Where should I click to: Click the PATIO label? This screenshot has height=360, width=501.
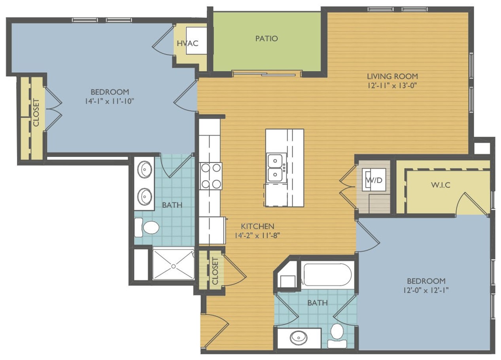(x=267, y=39)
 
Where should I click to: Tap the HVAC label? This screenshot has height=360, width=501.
(x=187, y=43)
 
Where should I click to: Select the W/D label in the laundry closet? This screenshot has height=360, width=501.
(x=374, y=180)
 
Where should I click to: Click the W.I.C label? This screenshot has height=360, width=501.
(x=441, y=185)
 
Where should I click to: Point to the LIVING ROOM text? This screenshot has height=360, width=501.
(x=392, y=76)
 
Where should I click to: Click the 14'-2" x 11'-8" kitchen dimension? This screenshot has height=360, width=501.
(x=257, y=236)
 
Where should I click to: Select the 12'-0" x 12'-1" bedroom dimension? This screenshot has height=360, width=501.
(x=426, y=290)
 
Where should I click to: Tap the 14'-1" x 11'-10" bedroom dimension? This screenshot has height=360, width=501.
(x=110, y=101)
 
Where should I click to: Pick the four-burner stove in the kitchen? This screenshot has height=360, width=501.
(x=211, y=176)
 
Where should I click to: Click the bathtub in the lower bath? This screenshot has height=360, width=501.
(x=326, y=274)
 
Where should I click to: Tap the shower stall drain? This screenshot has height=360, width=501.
(x=174, y=266)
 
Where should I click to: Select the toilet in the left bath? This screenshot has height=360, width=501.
(x=147, y=228)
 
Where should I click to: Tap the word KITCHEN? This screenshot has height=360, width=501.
(x=257, y=226)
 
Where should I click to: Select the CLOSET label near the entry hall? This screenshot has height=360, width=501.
(x=215, y=271)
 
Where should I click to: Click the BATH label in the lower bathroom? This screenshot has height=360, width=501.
(x=318, y=303)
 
